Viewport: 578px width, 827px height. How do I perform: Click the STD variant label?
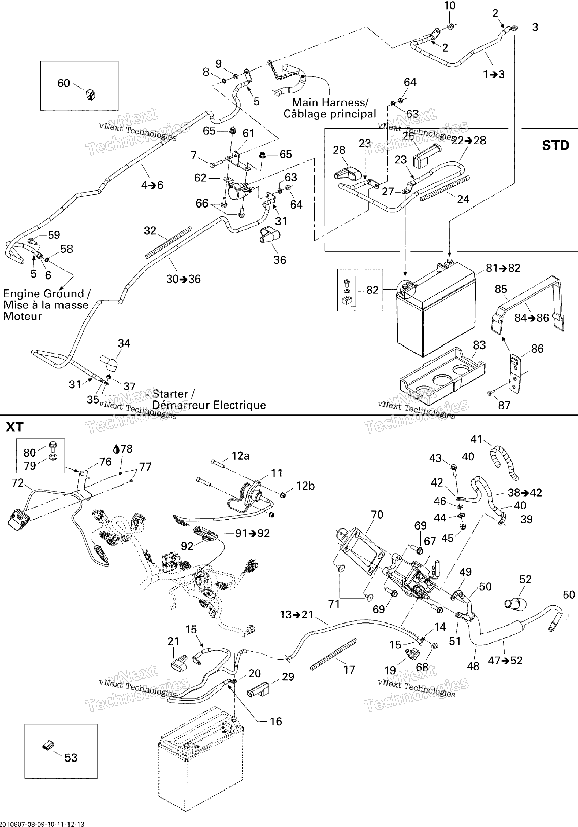point(555,145)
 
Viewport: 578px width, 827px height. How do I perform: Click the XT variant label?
point(15,427)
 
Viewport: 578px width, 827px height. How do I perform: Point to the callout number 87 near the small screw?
point(504,405)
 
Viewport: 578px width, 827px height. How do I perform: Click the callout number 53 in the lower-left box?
point(71,758)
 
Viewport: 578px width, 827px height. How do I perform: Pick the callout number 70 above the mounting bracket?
point(377,515)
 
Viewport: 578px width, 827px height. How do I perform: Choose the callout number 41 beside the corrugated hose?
point(476,439)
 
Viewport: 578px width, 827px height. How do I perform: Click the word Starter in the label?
point(170,394)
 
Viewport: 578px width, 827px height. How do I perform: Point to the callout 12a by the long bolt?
point(240,456)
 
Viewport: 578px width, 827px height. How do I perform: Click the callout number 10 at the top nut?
point(450,6)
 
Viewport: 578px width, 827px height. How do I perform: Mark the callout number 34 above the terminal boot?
point(124,343)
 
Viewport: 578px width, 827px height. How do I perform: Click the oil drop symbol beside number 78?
point(116,449)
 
